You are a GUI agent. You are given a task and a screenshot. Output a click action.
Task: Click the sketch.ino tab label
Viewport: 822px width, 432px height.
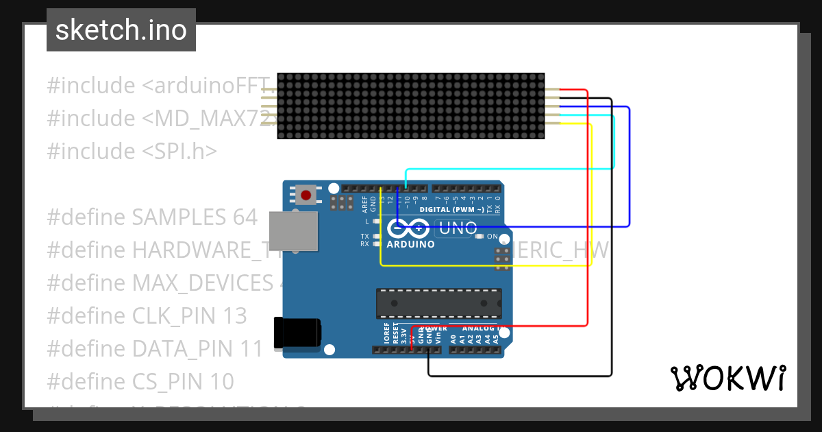121,30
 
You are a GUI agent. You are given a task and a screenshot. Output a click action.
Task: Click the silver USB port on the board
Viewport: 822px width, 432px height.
293,231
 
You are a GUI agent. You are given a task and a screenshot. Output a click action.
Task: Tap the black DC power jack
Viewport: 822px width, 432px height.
297,333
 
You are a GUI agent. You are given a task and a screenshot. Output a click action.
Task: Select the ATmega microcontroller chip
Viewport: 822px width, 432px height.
438,303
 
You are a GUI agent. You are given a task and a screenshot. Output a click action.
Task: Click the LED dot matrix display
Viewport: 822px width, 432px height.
411,106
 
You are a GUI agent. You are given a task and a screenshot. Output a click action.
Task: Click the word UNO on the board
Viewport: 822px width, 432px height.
457,228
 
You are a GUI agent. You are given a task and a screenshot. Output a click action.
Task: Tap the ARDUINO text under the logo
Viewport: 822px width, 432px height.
410,244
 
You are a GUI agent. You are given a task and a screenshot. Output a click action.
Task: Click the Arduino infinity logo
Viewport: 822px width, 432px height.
409,228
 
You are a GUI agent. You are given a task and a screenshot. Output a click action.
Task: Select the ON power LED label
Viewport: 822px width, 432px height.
492,236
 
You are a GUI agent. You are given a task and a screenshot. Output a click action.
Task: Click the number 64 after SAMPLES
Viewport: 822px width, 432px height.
242,217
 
